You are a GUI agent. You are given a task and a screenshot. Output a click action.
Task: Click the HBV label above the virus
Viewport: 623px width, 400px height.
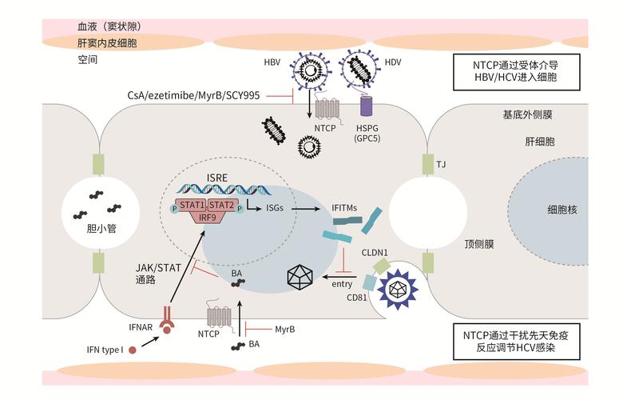coord(272,63)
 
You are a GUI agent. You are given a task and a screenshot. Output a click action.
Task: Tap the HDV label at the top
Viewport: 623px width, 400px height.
coord(394,63)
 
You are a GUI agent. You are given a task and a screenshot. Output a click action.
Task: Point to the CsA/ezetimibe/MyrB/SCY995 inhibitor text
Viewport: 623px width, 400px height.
coord(195,94)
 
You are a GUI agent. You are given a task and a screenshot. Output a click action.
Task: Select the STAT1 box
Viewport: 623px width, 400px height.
coord(192,206)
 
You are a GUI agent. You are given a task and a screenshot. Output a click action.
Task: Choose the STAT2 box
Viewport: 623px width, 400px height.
coord(223,206)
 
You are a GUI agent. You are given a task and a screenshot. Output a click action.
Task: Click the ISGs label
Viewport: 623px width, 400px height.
coord(266,209)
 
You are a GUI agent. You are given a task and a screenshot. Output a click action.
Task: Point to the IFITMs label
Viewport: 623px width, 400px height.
coord(345,209)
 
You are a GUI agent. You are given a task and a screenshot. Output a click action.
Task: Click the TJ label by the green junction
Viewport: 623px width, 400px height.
coord(441,164)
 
